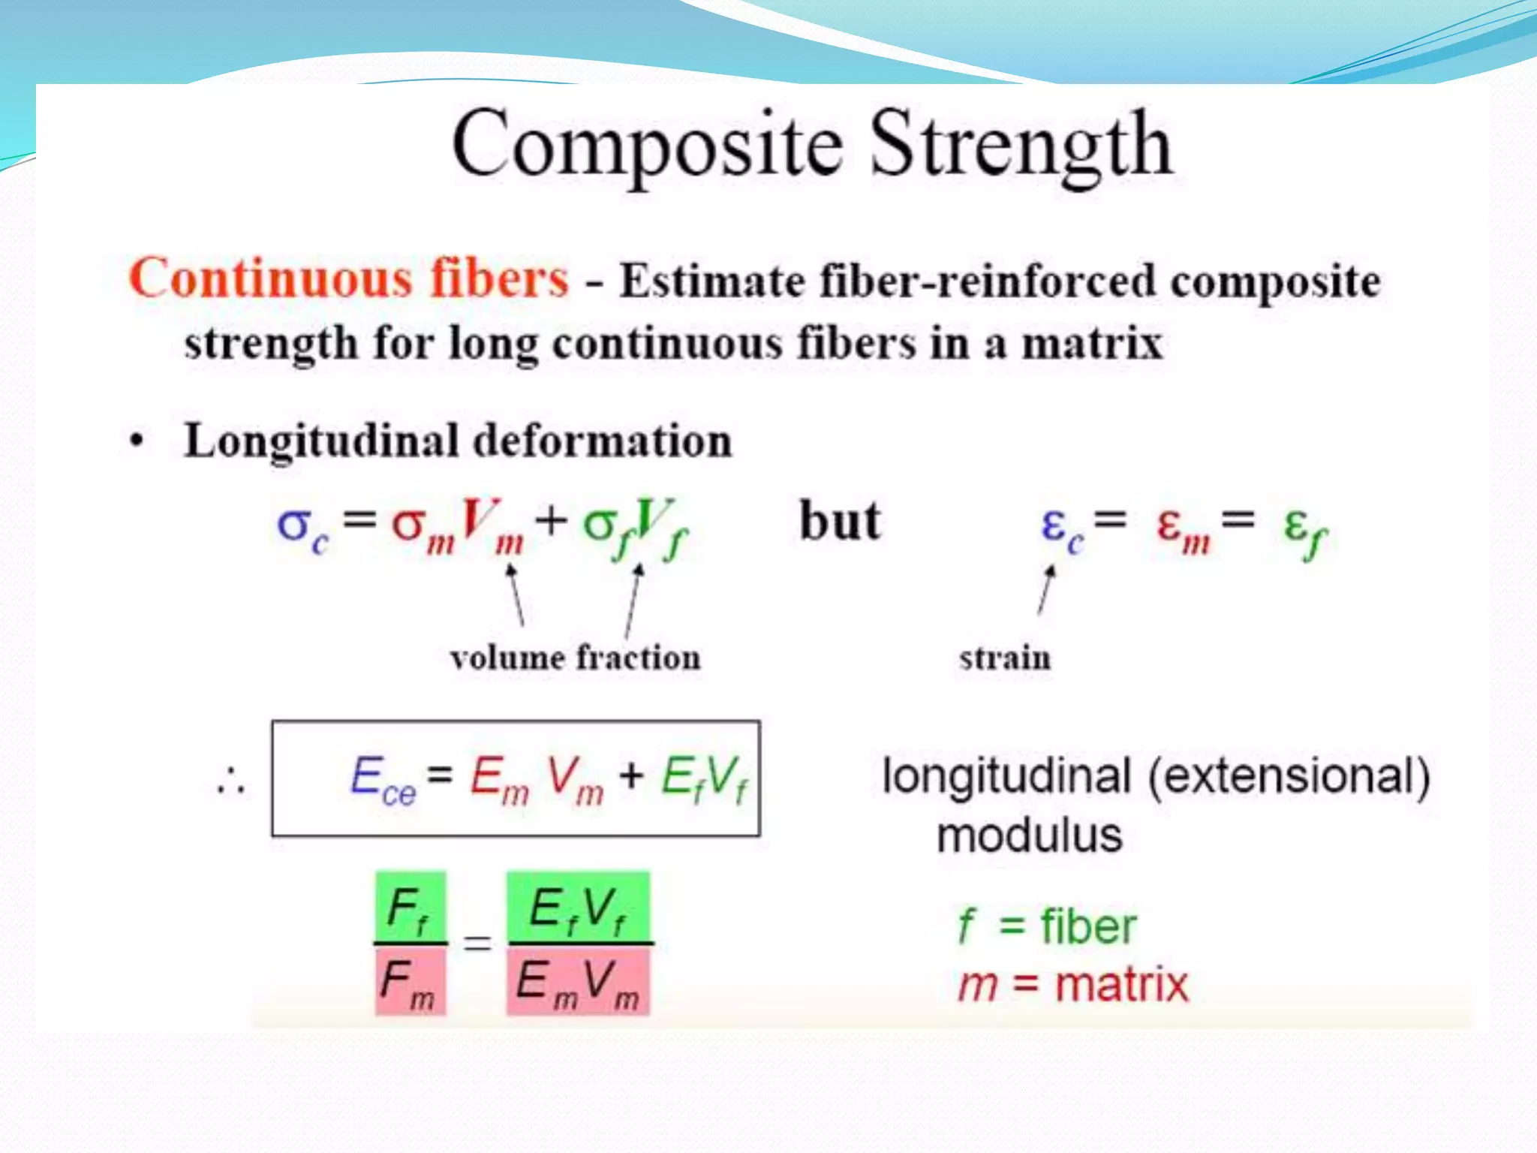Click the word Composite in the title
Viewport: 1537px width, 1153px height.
pos(647,145)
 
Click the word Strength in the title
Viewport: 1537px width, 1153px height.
pos(1021,145)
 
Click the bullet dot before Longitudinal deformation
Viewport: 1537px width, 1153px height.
pos(136,441)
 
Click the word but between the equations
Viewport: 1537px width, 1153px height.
pos(839,522)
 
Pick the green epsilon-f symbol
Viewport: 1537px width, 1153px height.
pos(1304,530)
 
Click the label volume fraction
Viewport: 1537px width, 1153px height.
pos(575,658)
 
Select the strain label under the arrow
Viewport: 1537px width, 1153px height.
pos(1005,658)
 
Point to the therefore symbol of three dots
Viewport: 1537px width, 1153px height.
pos(230,781)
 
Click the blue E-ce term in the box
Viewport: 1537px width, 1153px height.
pos(382,781)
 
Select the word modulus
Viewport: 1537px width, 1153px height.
pos(1030,835)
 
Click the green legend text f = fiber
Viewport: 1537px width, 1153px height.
pos(1048,926)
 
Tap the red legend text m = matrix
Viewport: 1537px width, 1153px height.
pos(1073,985)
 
